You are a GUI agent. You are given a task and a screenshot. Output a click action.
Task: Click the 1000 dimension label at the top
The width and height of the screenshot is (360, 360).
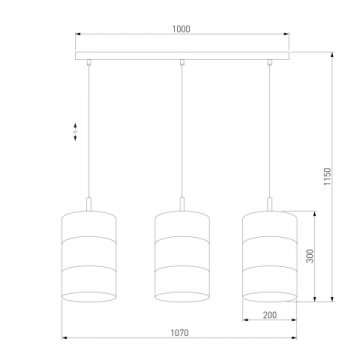point(181,30)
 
